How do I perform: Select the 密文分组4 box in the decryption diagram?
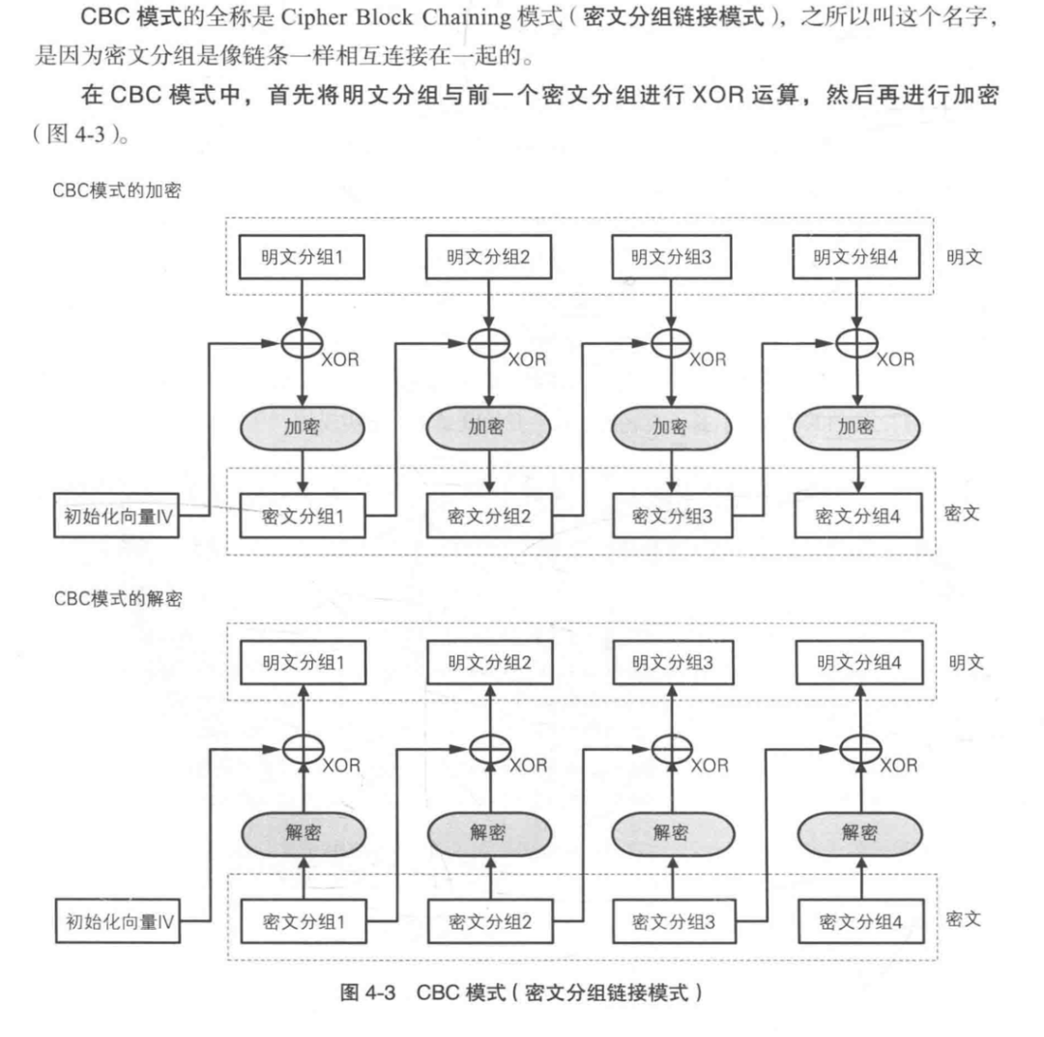pyautogui.click(x=858, y=920)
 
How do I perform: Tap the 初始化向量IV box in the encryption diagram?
pyautogui.click(x=115, y=516)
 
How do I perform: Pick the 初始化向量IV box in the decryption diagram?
pyautogui.click(x=115, y=920)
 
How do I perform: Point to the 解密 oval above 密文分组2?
pyautogui.click(x=487, y=831)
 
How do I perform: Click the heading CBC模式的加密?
pyautogui.click(x=124, y=191)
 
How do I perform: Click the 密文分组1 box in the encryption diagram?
pyautogui.click(x=302, y=516)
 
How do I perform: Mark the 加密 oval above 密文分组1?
pyautogui.click(x=302, y=426)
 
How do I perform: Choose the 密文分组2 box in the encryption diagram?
pyautogui.click(x=487, y=516)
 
